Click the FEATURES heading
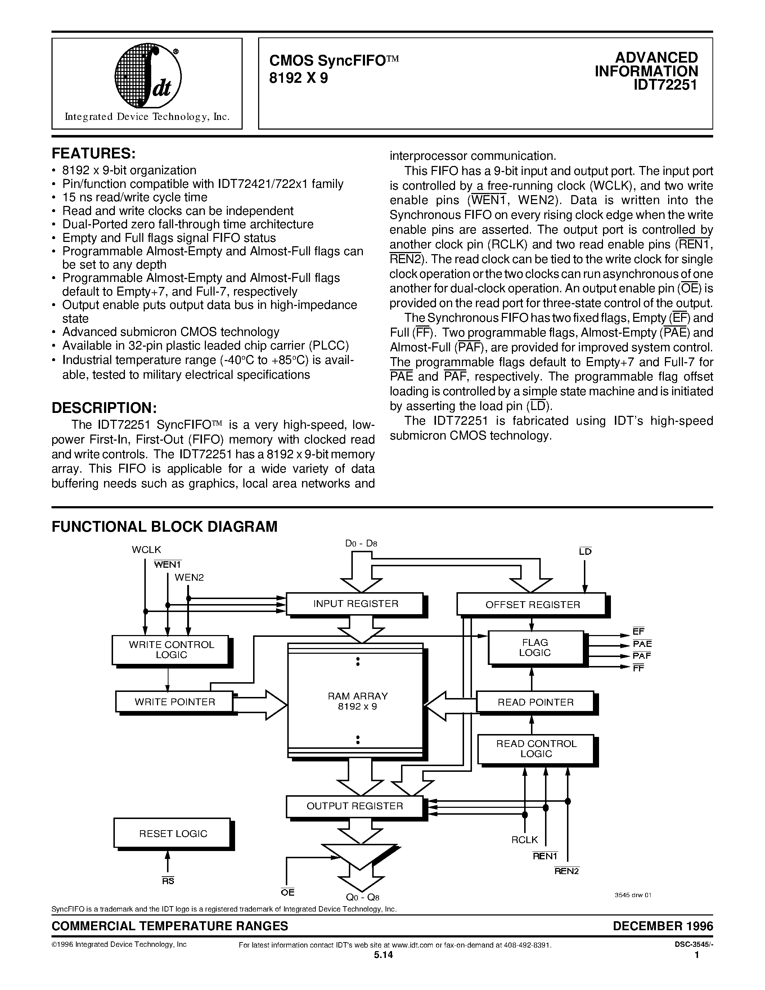pyautogui.click(x=93, y=154)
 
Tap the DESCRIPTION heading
pyautogui.click(x=104, y=408)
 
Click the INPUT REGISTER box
pyautogui.click(x=355, y=604)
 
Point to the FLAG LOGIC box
pyautogui.click(x=535, y=648)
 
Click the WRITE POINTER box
pyautogui.click(x=175, y=702)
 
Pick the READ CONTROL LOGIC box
pyautogui.click(x=536, y=749)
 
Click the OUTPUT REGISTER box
pyautogui.click(x=354, y=806)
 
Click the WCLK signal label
pyautogui.click(x=147, y=549)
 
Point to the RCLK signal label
pyautogui.click(x=525, y=840)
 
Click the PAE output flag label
pyautogui.click(x=642, y=644)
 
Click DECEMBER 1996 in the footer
pyautogui.click(x=662, y=926)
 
